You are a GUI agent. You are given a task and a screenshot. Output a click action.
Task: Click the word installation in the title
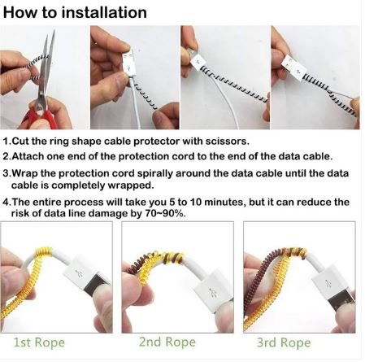pyautogui.click(x=107, y=13)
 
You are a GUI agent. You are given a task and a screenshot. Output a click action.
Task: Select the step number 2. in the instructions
pyautogui.click(x=8, y=156)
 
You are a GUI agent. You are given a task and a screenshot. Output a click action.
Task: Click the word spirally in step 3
pyautogui.click(x=159, y=173)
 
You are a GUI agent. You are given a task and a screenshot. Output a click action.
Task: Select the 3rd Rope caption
pyautogui.click(x=284, y=343)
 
